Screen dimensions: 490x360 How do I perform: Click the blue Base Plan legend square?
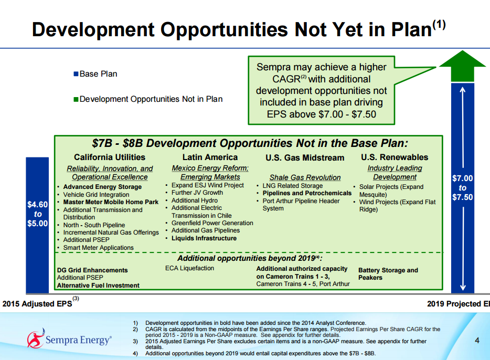pos(76,74)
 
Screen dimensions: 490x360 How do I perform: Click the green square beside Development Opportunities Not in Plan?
pos(76,99)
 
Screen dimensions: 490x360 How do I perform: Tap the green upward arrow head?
pos(463,66)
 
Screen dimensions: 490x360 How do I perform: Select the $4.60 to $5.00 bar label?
pos(37,214)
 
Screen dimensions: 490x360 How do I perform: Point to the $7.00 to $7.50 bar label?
pos(463,188)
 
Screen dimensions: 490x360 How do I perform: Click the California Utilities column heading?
pos(110,157)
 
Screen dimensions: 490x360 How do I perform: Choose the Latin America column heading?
pos(210,157)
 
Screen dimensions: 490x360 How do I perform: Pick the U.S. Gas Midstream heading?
pos(305,158)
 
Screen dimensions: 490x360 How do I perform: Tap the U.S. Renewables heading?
pos(395,157)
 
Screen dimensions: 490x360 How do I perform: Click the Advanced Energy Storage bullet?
pos(102,187)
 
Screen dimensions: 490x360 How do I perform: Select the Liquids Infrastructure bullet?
pos(204,238)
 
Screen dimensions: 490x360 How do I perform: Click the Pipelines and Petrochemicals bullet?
pos(307,194)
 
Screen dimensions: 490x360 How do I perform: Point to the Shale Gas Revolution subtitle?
pos(305,177)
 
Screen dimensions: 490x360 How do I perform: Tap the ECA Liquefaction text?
pos(190,268)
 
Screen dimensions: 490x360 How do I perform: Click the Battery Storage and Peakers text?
pos(388,274)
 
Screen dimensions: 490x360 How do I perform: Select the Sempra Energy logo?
pos(69,339)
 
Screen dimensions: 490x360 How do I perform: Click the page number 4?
pos(477,340)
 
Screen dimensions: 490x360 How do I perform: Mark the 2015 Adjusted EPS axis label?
pos(37,304)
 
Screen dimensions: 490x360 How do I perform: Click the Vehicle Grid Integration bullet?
pos(96,195)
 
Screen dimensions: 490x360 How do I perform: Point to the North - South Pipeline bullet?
pos(94,225)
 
